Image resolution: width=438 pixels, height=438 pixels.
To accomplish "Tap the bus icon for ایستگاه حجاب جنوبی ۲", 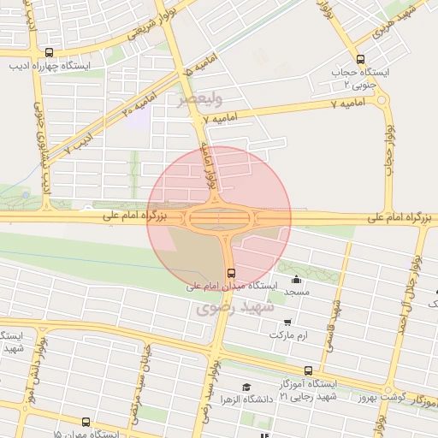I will point(359,60).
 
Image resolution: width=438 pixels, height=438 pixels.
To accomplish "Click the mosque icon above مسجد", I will point(297,279).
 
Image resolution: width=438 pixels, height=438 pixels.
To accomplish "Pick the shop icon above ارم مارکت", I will point(287,322).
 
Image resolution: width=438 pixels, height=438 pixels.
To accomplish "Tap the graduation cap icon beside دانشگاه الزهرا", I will point(247,388).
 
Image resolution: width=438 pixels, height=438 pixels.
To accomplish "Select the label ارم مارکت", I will point(288,334).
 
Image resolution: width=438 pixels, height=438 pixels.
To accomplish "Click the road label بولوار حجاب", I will point(388,145).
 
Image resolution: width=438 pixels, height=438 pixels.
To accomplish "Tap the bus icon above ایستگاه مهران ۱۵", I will point(86,422).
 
